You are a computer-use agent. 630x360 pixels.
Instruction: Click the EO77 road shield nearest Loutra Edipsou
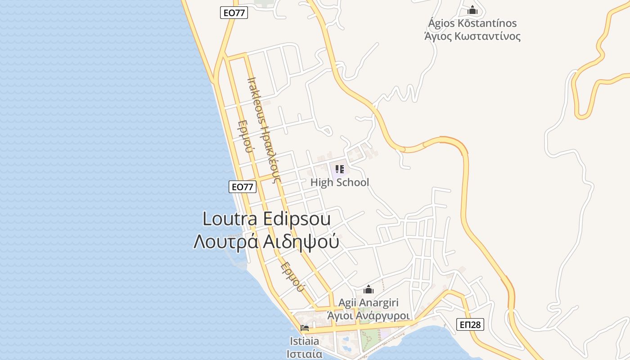click(x=243, y=186)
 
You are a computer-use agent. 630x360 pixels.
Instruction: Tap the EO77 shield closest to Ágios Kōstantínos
click(x=234, y=13)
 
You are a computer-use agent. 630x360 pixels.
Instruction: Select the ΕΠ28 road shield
click(x=470, y=324)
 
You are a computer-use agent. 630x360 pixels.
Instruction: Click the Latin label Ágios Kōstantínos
click(x=472, y=23)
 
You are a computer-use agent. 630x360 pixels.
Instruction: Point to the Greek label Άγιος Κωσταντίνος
click(x=472, y=36)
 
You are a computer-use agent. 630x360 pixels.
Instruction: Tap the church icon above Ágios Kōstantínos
click(x=472, y=10)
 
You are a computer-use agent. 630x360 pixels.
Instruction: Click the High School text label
click(x=339, y=182)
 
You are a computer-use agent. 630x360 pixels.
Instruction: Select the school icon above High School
click(x=340, y=169)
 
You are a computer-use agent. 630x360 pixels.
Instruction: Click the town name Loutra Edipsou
click(x=266, y=219)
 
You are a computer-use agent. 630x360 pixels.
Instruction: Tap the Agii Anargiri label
click(x=368, y=303)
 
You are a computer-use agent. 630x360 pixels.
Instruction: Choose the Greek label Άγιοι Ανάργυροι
click(x=368, y=315)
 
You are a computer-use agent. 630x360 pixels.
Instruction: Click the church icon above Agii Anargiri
click(x=369, y=289)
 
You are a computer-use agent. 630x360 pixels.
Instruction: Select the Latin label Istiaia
click(x=305, y=341)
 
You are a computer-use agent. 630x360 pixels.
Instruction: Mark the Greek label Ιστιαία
click(x=305, y=354)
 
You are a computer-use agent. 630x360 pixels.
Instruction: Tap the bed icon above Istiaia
click(x=305, y=328)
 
